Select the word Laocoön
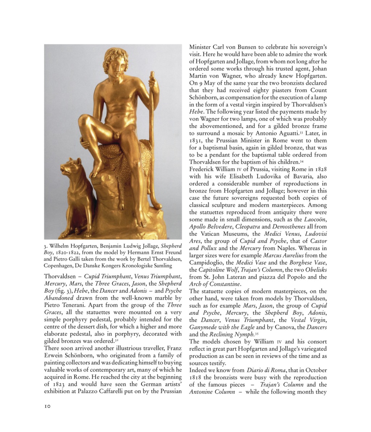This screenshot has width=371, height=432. coord(315,219)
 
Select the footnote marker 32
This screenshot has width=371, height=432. coord(116,340)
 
